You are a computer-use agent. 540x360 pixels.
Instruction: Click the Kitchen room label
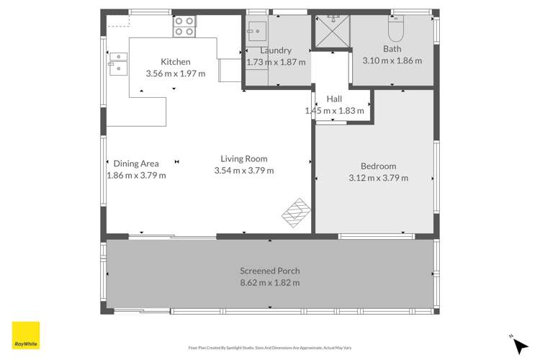coord(176,62)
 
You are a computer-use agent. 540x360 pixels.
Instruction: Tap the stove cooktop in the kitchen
coord(184,27)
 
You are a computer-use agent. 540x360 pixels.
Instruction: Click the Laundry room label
coord(276,50)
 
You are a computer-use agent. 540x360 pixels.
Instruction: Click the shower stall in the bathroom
coord(333,31)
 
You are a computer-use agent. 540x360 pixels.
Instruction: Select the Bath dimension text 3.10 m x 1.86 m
coord(392,61)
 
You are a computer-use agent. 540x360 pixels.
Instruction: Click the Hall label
coord(334,99)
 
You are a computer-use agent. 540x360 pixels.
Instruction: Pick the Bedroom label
coord(378,166)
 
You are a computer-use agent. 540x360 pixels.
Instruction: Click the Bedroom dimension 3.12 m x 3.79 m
coord(378,178)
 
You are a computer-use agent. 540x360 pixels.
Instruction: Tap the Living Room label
coord(243,158)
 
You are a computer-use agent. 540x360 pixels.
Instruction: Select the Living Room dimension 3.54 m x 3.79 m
coord(243,171)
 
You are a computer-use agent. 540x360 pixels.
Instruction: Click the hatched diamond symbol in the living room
coord(296,212)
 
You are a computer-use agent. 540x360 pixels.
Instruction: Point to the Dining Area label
coord(136,163)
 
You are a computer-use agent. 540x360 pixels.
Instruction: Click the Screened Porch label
coord(269,271)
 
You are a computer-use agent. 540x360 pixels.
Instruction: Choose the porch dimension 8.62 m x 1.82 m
coord(269,283)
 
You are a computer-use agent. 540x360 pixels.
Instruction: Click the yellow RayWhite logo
coord(26,335)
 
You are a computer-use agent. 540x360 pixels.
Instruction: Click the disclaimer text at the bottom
coord(269,348)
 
